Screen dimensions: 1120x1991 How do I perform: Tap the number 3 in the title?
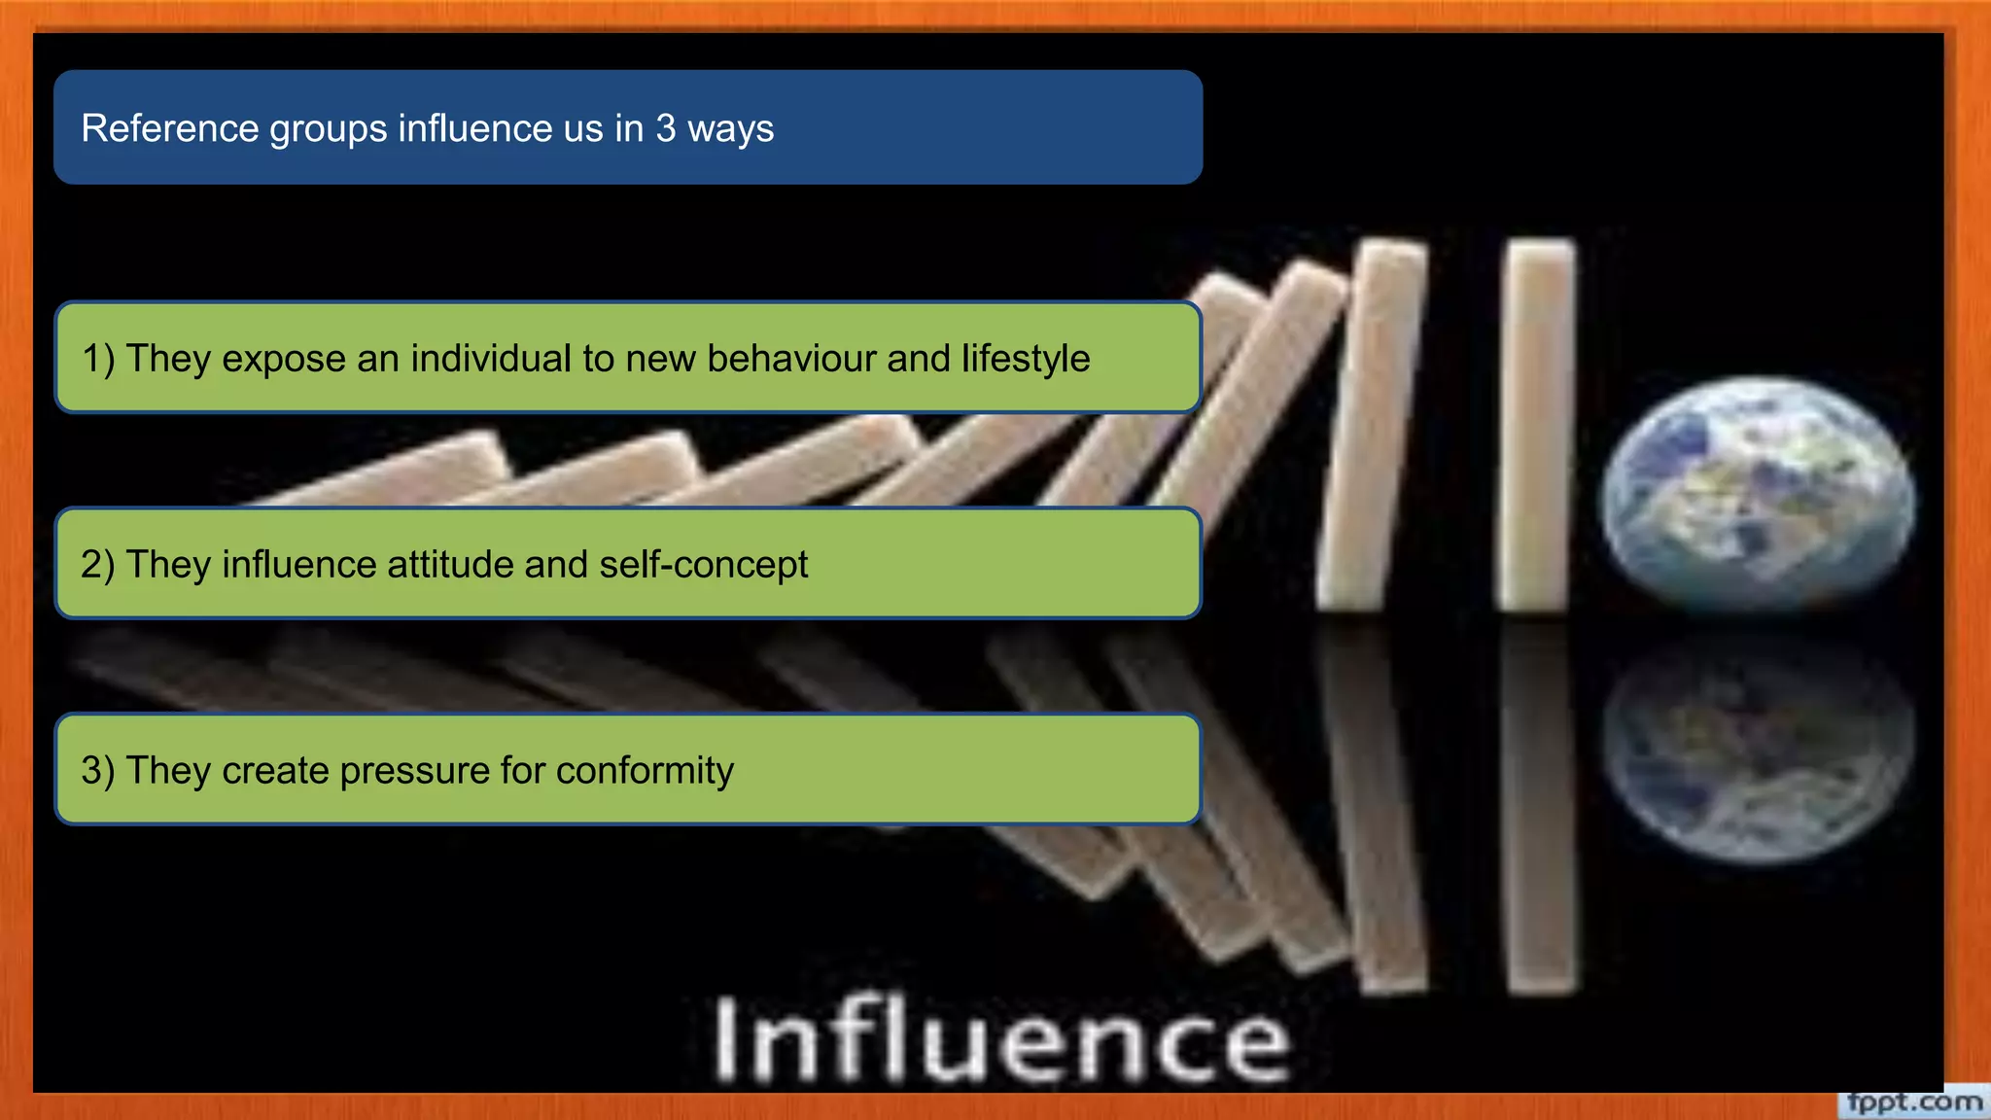[665, 128]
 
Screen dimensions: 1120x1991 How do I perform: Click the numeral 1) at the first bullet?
[98, 359]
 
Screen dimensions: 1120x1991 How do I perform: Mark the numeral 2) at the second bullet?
[97, 565]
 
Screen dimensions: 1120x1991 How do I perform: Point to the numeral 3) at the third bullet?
[97, 771]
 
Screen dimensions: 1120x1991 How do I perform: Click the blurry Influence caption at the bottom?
[1001, 1040]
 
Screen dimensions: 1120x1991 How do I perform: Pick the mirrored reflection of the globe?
[1758, 749]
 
